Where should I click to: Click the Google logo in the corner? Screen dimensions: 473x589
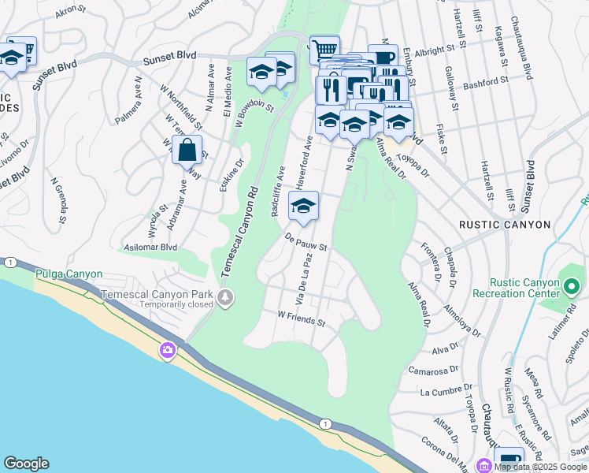(26, 464)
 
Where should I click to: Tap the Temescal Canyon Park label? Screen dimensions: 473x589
(161, 296)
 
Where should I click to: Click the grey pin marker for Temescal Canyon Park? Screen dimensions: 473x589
(226, 298)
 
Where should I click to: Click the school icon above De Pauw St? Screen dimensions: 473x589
(303, 207)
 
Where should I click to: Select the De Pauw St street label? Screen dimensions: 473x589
(306, 241)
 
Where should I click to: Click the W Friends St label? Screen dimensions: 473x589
(301, 318)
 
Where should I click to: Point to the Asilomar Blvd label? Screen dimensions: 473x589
(148, 248)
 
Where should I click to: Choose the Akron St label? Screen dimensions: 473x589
(70, 10)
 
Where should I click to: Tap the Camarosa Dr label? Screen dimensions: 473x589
(433, 370)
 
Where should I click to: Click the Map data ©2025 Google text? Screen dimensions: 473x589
(539, 467)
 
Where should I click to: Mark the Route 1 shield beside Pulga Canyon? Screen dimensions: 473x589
(9, 262)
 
